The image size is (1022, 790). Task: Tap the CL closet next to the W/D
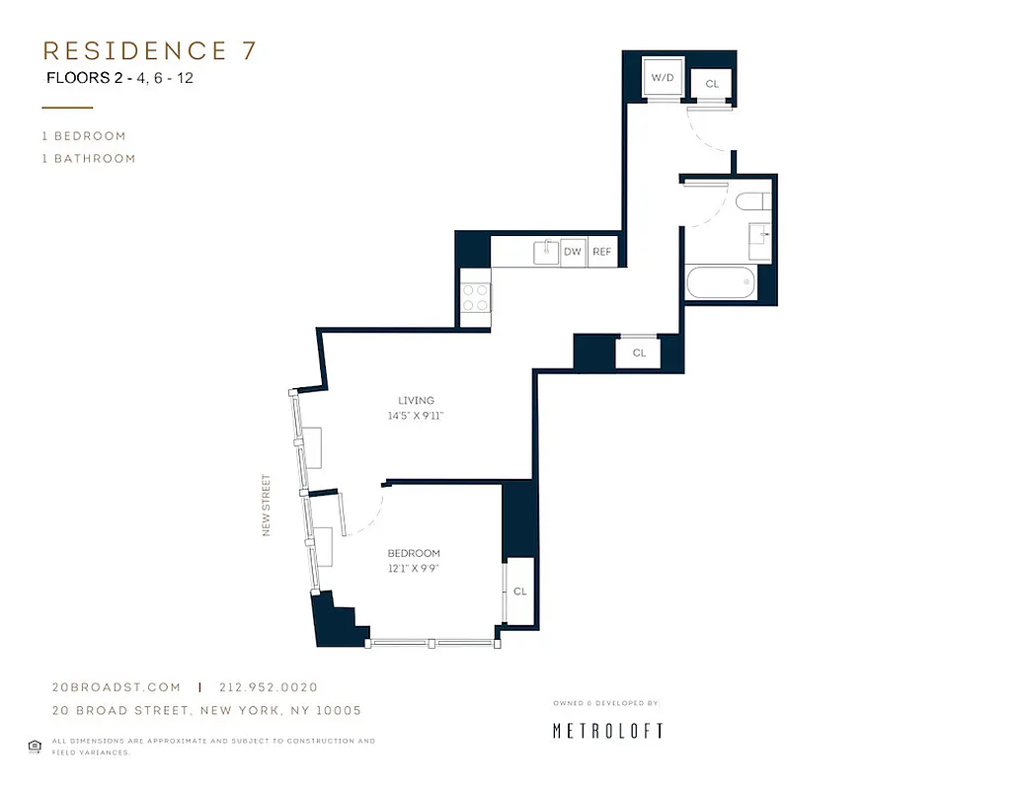click(711, 85)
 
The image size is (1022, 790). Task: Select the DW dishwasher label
click(573, 253)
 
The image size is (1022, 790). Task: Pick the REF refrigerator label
click(601, 253)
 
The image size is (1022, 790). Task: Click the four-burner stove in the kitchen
click(476, 297)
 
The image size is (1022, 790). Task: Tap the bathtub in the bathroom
click(721, 284)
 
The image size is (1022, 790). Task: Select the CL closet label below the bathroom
click(639, 353)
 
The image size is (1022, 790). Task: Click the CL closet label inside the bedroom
click(519, 592)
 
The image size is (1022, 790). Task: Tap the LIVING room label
click(416, 400)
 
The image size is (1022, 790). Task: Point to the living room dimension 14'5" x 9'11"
click(416, 417)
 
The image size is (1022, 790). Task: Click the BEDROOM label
click(414, 553)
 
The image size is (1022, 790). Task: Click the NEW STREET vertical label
click(267, 507)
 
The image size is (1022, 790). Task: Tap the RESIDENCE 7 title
click(149, 51)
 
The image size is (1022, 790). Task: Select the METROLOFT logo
click(606, 731)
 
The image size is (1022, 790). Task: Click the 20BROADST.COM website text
click(116, 687)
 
